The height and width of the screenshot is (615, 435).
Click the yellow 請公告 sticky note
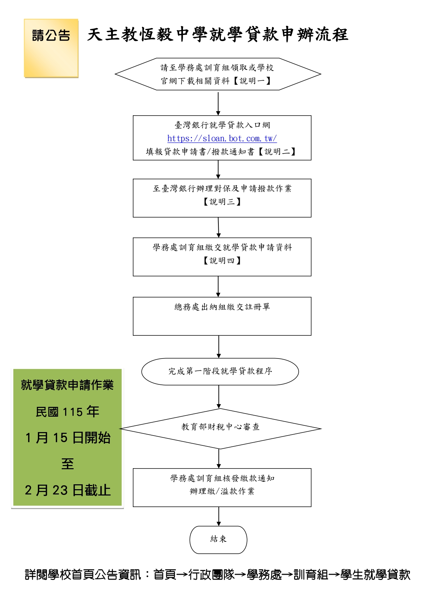click(x=51, y=48)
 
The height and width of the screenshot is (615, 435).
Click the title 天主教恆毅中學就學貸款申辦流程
click(x=217, y=35)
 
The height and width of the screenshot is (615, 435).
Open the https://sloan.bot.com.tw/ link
click(x=222, y=138)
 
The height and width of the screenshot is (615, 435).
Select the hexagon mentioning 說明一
click(x=218, y=74)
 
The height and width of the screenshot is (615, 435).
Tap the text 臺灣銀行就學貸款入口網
click(x=222, y=125)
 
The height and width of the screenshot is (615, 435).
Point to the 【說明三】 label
click(x=222, y=202)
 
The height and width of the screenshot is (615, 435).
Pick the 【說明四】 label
click(x=222, y=261)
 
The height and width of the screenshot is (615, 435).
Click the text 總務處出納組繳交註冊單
click(x=222, y=307)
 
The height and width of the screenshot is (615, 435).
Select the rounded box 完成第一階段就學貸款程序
click(x=220, y=371)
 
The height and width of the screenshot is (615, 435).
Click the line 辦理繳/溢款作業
click(x=222, y=491)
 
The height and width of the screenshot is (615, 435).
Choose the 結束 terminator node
click(x=218, y=540)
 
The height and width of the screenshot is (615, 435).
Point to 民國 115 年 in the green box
click(x=67, y=412)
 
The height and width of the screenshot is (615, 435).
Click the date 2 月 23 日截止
click(x=68, y=490)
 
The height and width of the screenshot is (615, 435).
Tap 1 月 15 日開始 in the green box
click(x=68, y=438)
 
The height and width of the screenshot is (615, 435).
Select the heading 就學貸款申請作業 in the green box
click(x=67, y=385)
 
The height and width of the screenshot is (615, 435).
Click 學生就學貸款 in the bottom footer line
click(x=375, y=575)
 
